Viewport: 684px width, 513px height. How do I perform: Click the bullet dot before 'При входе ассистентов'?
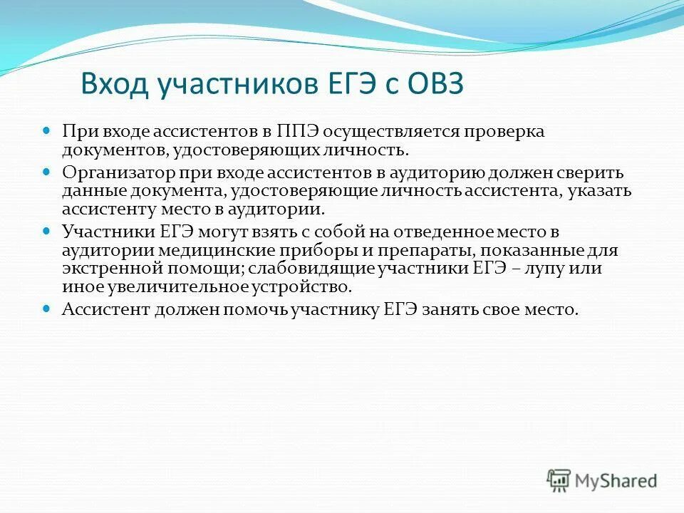48,132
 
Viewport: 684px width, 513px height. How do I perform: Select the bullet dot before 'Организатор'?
48,172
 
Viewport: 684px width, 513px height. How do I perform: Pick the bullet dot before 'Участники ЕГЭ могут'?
48,232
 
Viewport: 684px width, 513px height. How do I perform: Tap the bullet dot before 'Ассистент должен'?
48,309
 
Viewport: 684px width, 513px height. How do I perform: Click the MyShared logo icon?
559,479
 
